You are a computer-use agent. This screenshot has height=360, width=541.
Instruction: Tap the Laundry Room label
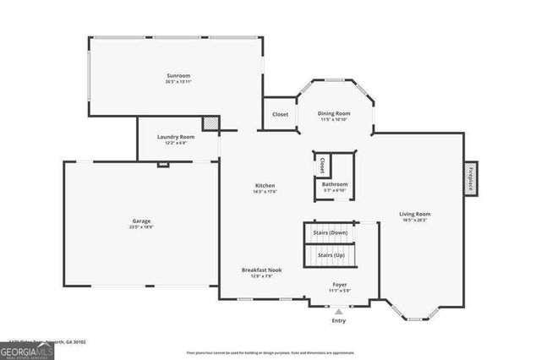coord(176,137)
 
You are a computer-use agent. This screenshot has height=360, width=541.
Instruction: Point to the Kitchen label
coord(265,186)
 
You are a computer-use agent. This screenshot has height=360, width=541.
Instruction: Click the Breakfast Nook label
coord(261,270)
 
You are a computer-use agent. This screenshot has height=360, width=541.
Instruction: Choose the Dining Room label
coord(333,113)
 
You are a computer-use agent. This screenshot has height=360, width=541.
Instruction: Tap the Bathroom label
coord(335,184)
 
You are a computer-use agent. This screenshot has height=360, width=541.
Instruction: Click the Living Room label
coord(414,214)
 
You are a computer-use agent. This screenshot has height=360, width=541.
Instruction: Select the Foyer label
coord(339,285)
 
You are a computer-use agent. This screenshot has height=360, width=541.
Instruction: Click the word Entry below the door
coord(339,321)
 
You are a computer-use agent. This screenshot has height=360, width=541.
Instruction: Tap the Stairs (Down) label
coord(331,232)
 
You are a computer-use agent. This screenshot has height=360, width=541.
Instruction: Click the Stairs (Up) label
coord(331,254)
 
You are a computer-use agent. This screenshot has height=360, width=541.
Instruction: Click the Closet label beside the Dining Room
coord(280,114)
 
